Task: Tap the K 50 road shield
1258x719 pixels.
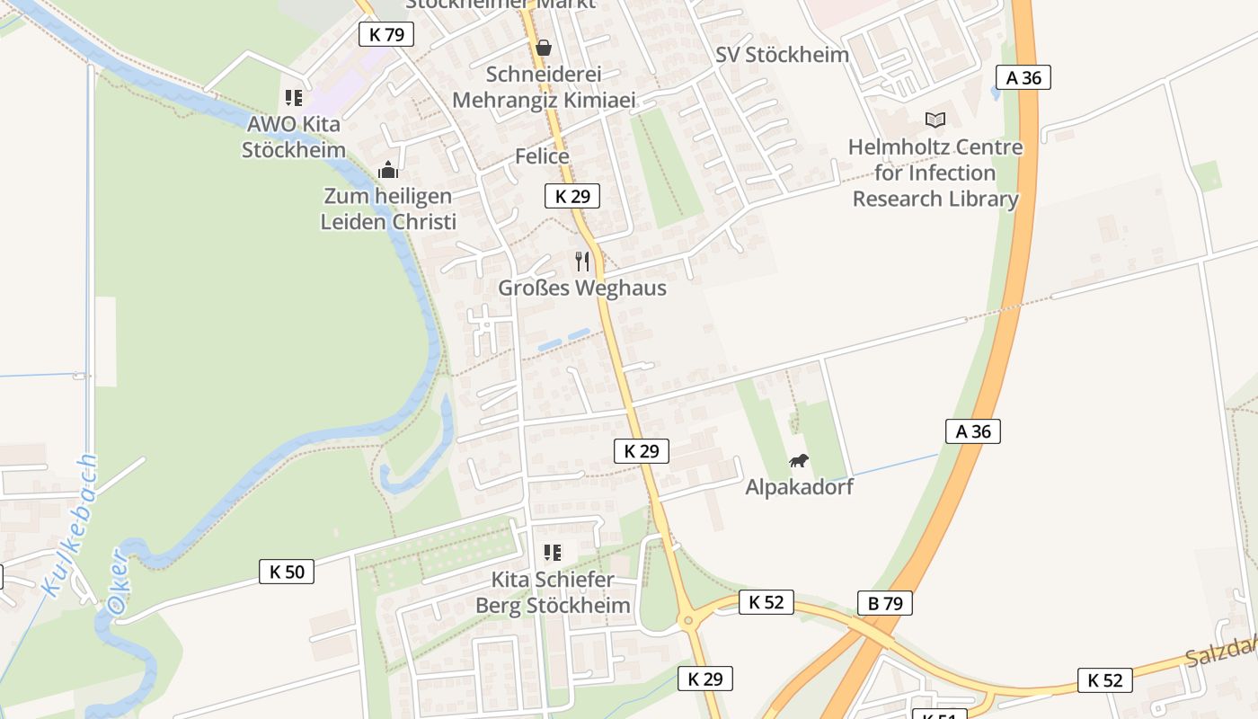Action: coord(287,571)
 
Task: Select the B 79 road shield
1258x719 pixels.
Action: coord(885,603)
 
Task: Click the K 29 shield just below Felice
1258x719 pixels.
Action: coord(572,196)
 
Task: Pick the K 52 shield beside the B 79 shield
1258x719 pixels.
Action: coord(766,602)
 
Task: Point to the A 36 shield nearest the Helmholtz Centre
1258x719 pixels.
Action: coord(1023,77)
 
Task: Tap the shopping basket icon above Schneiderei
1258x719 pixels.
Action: coord(544,48)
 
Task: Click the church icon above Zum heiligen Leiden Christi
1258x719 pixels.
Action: coord(388,169)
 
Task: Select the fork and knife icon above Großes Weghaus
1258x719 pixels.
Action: coord(582,262)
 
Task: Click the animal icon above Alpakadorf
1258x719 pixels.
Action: coord(799,461)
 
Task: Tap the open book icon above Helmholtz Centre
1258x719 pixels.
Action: coord(935,120)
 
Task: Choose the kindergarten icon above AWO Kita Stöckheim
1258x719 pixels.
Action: coord(294,98)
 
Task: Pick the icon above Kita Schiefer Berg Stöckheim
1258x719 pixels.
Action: coord(553,553)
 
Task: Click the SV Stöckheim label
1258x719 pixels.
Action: coord(782,54)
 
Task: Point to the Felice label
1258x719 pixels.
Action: coord(542,156)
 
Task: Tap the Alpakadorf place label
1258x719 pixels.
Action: coord(799,487)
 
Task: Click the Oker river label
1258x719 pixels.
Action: coord(119,582)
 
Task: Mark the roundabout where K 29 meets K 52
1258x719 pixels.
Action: coord(688,619)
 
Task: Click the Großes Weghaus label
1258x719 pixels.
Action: coord(582,288)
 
